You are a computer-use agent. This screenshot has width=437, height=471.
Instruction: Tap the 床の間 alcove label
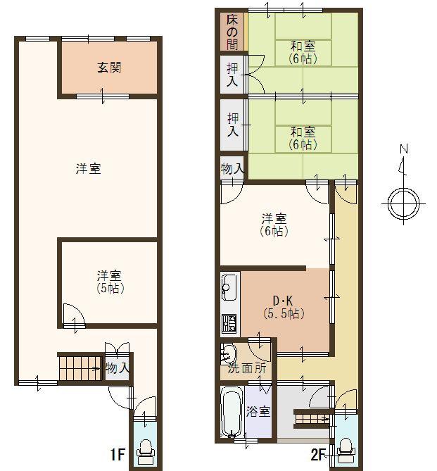pyautogui.click(x=232, y=32)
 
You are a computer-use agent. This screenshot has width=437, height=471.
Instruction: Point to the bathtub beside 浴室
pyautogui.click(x=232, y=413)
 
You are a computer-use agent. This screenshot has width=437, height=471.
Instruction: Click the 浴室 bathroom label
pyautogui.click(x=258, y=412)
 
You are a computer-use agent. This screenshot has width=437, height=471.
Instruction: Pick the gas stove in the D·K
pyautogui.click(x=229, y=323)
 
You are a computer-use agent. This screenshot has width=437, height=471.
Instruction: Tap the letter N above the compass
pyautogui.click(x=404, y=149)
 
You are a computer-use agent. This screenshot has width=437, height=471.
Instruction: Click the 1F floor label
pyautogui.click(x=116, y=454)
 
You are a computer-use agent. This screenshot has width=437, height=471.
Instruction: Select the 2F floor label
pyautogui.click(x=319, y=454)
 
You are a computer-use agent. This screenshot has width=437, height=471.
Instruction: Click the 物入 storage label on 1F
pyautogui.click(x=117, y=368)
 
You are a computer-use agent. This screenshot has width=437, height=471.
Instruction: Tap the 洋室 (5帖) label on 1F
pyautogui.click(x=109, y=281)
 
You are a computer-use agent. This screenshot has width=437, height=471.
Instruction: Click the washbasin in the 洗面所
pyautogui.click(x=229, y=352)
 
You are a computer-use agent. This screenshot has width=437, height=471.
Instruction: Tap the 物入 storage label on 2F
pyautogui.click(x=232, y=170)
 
